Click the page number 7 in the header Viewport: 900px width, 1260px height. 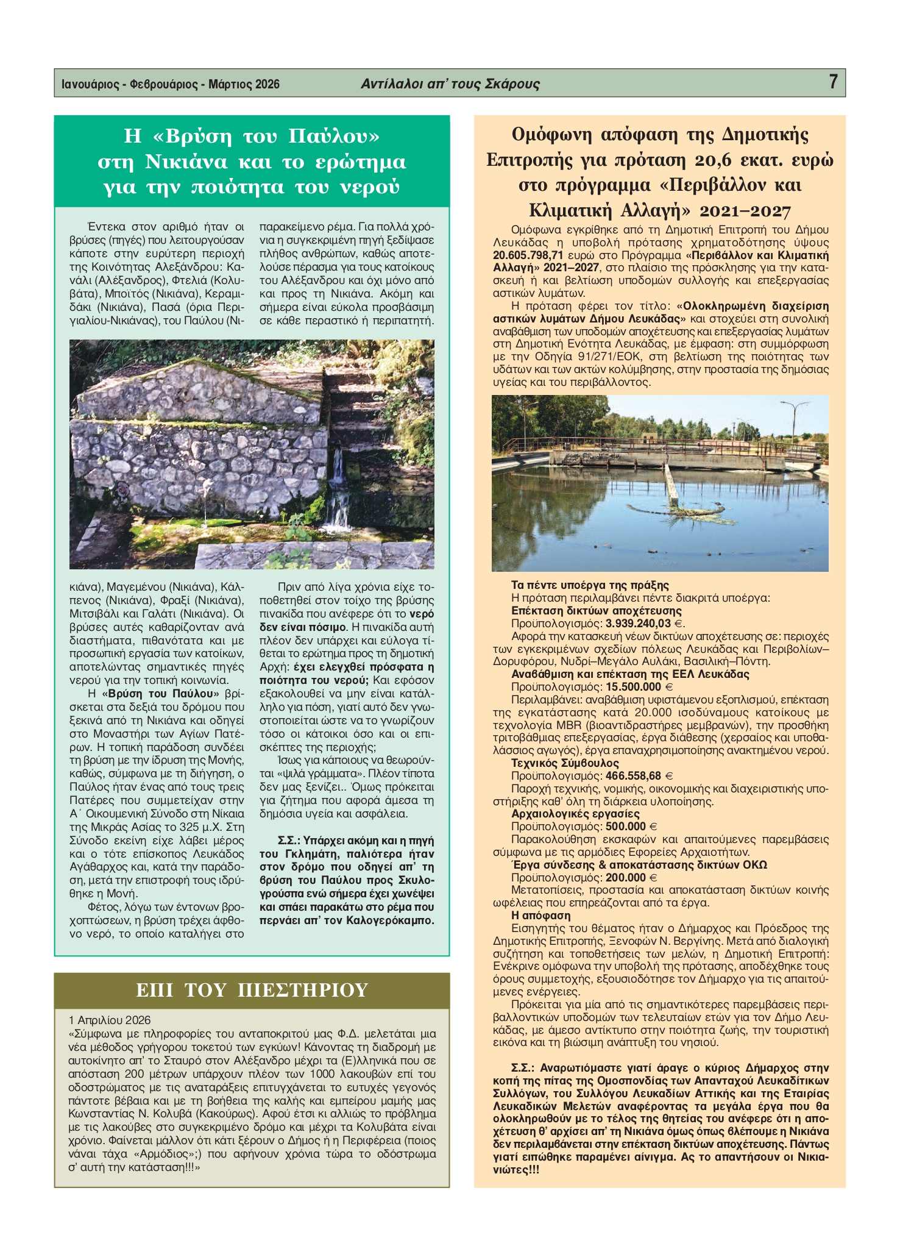(833, 82)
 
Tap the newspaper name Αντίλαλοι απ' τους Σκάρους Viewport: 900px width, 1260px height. (450, 84)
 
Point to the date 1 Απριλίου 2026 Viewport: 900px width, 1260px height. (110, 1020)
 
